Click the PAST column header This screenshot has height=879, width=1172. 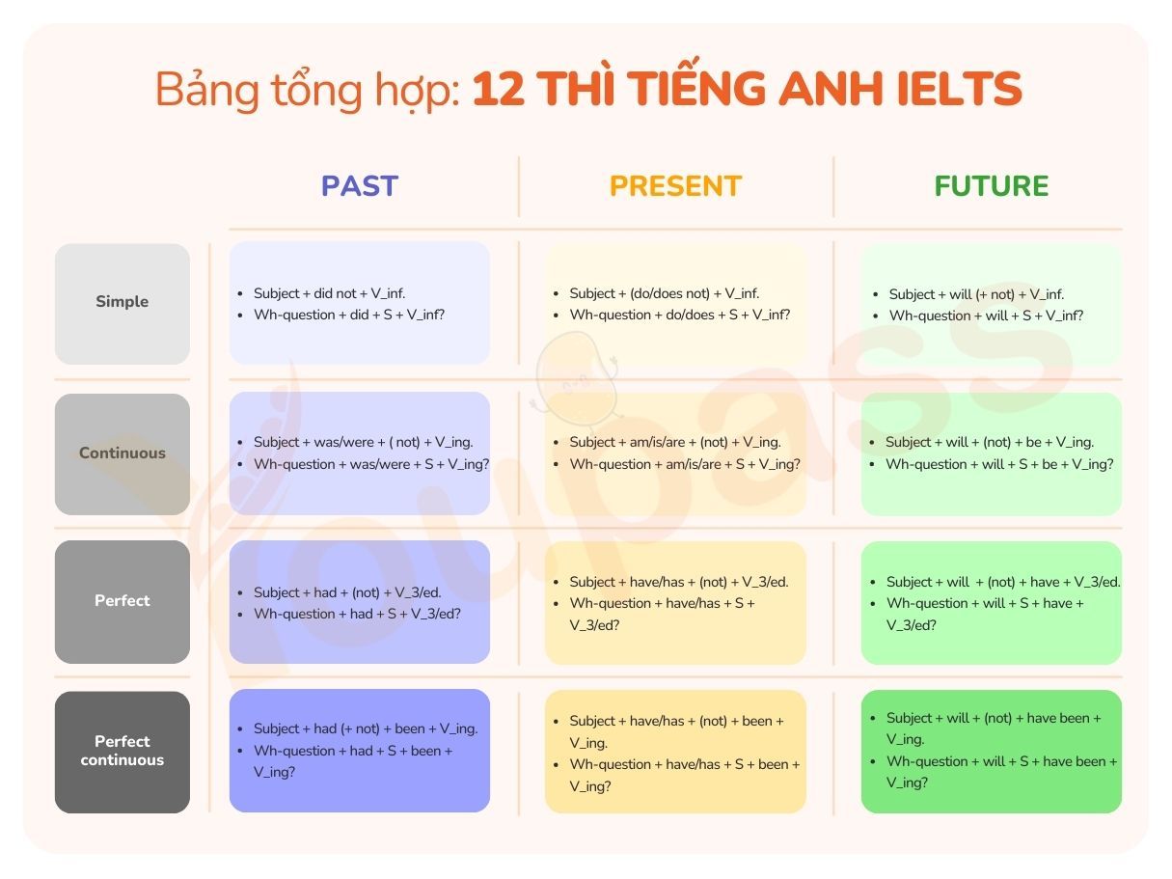pos(360,186)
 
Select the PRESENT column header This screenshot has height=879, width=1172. pos(675,186)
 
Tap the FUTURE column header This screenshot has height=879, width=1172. pos(991,186)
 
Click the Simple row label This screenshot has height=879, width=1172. pos(123,302)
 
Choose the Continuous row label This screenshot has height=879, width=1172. pos(123,453)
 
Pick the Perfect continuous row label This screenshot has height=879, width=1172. pos(123,751)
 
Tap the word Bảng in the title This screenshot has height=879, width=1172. pos(207,90)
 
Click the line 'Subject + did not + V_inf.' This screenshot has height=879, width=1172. pos(329,293)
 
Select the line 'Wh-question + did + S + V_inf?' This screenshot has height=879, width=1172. pos(348,315)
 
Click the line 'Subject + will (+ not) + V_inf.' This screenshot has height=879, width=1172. pos(976,294)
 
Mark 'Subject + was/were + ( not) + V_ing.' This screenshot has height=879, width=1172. pos(363,442)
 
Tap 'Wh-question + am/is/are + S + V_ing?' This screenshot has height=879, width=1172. pos(685,464)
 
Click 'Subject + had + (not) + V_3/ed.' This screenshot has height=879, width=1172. pos(347,592)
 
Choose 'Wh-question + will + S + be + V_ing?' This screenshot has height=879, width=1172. pos(999,464)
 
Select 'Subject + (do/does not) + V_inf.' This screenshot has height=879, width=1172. pos(665,293)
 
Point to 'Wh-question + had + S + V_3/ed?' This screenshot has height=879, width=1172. pos(357,614)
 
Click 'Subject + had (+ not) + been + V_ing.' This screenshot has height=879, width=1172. pos(366,728)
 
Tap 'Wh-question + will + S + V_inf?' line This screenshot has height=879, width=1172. pos(986,316)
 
